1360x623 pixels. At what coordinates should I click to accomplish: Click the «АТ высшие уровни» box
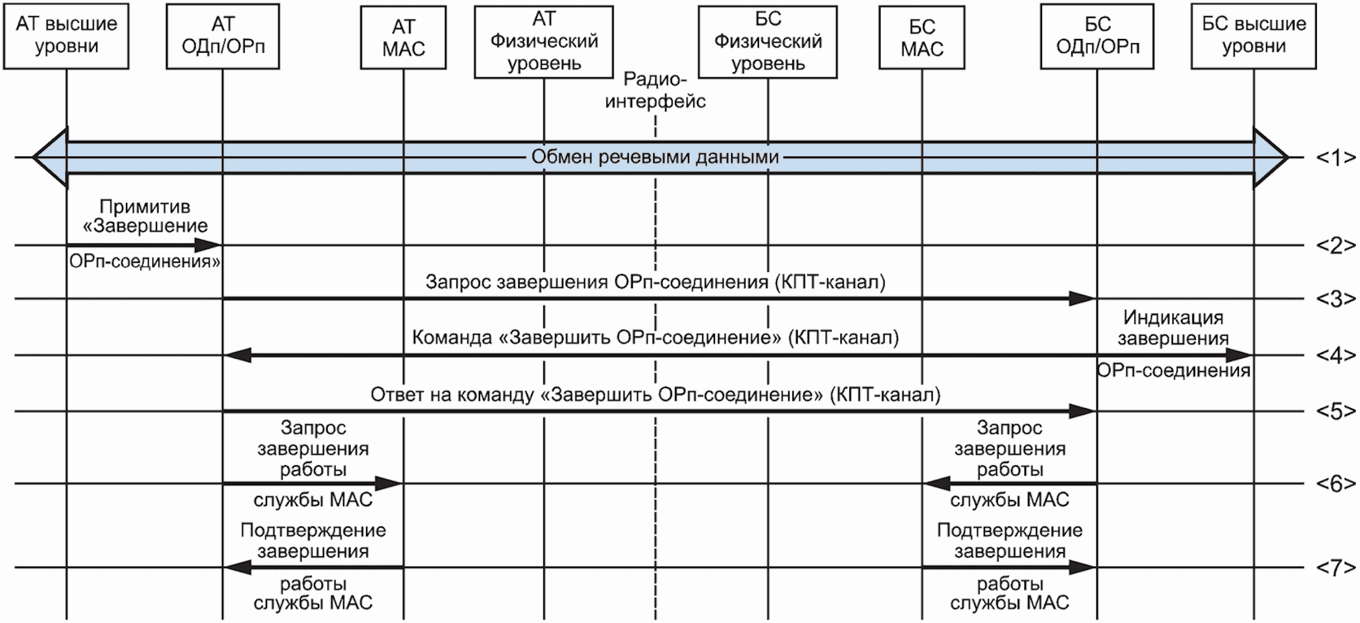[x=66, y=36]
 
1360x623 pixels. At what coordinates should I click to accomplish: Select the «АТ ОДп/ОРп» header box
[x=223, y=36]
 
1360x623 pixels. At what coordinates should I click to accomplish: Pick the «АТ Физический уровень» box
[x=544, y=42]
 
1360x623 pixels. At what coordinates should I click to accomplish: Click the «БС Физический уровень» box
[x=768, y=42]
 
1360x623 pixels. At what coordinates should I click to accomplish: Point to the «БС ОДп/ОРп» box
[x=1098, y=36]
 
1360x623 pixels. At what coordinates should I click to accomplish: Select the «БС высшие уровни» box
[x=1254, y=36]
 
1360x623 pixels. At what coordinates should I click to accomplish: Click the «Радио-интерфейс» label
[x=655, y=90]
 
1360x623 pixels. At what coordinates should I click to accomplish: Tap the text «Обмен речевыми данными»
[x=655, y=157]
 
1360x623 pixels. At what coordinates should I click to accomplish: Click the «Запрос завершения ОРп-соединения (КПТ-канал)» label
[x=655, y=282]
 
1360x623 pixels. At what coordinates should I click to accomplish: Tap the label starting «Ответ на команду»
[x=655, y=395]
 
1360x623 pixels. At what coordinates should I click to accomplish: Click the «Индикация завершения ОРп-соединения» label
[x=1174, y=343]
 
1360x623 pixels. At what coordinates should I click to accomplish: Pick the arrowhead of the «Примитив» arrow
[x=208, y=245]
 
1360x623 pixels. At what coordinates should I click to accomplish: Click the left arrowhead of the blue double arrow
[x=50, y=158]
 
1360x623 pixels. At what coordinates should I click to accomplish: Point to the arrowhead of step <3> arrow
[x=1083, y=299]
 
